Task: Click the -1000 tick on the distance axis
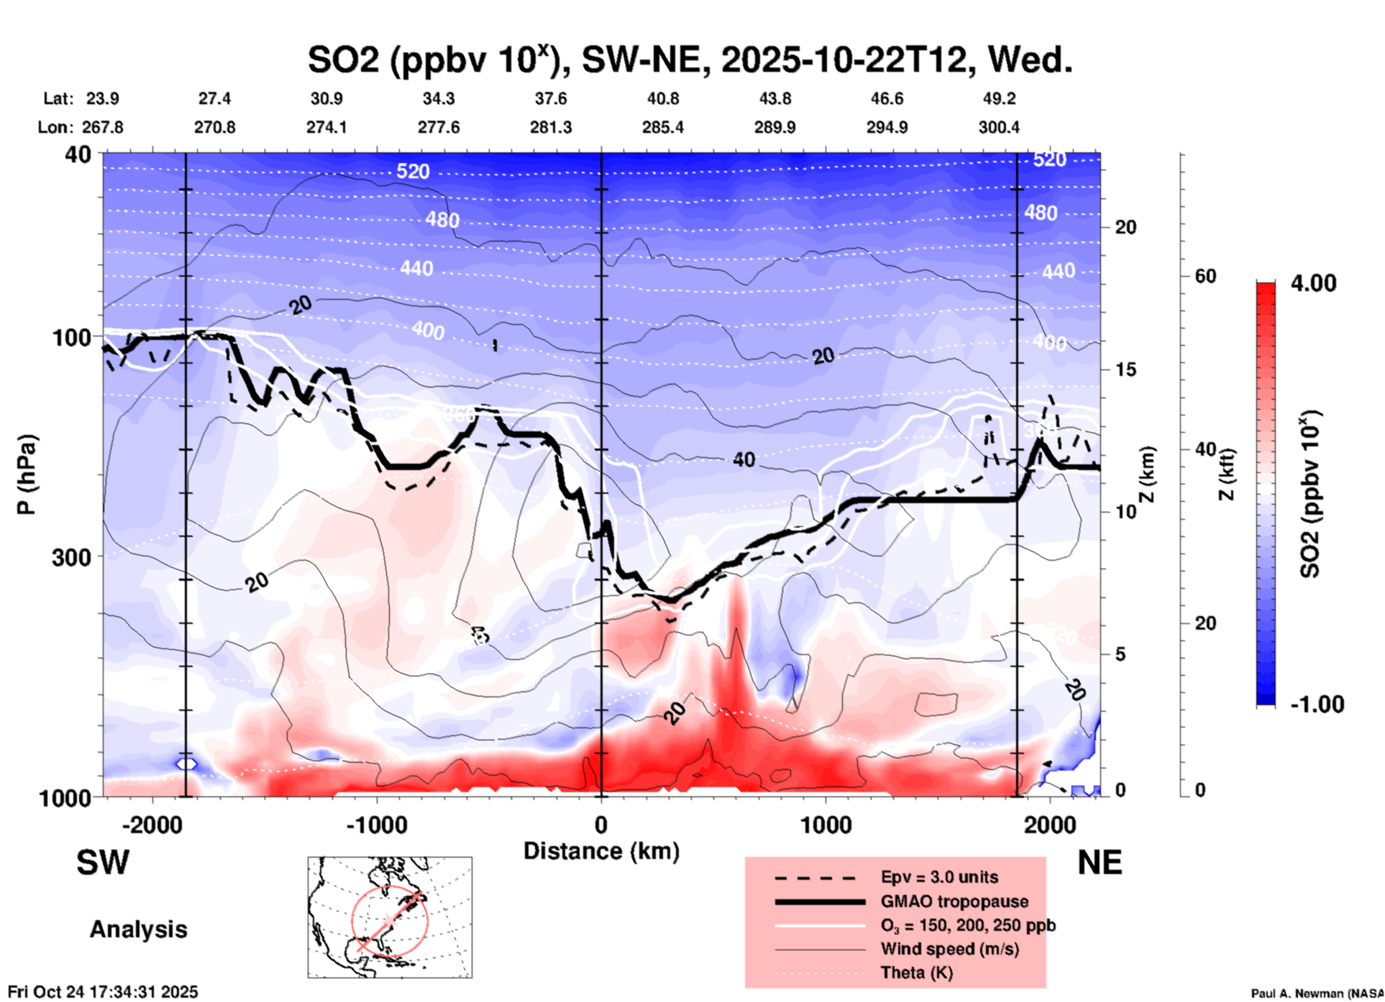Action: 376,824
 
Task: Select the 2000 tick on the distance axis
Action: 1050,824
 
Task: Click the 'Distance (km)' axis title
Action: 601,851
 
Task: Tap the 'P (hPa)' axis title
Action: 27,474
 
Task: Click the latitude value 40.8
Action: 662,98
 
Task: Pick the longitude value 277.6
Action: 439,128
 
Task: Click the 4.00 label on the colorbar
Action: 1313,283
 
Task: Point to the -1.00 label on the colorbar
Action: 1317,704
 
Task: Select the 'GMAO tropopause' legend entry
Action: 954,901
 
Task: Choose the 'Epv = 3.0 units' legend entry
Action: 939,878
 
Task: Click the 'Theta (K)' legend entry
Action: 916,973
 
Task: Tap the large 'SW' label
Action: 103,863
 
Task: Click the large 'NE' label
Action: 1100,863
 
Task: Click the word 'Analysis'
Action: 138,929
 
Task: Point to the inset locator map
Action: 390,917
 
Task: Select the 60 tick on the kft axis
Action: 1205,277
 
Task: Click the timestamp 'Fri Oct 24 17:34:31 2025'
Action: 103,992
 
